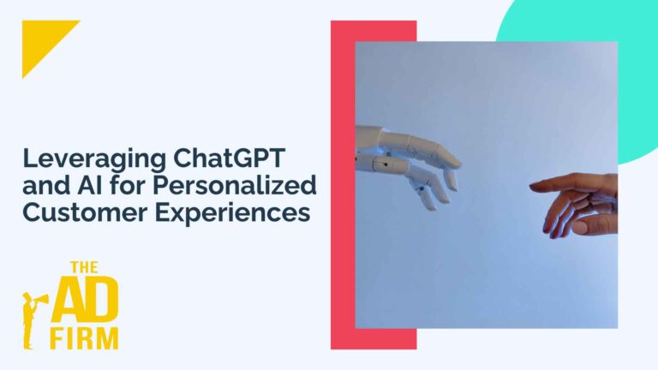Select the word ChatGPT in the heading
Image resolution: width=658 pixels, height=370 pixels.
[229, 158]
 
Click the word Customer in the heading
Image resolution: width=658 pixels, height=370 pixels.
[85, 212]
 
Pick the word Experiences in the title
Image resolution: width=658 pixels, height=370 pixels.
[232, 214]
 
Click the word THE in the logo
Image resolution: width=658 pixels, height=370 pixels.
[84, 267]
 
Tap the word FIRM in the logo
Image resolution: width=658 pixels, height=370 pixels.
[84, 339]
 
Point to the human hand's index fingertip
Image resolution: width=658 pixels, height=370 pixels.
[532, 186]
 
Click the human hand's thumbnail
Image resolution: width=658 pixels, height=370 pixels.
[581, 227]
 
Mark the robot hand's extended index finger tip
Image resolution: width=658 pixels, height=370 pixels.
[458, 163]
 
